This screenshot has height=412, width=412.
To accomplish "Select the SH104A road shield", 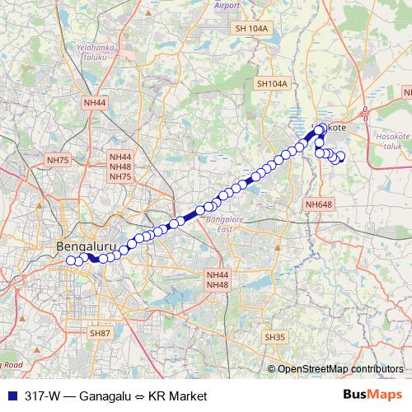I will click(x=272, y=83).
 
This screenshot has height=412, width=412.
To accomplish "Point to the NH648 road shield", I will click(x=318, y=204).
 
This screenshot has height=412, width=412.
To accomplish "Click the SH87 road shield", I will click(x=101, y=332).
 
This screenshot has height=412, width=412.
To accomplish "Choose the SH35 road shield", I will click(x=274, y=337).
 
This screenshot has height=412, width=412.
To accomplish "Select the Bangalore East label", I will click(x=220, y=227).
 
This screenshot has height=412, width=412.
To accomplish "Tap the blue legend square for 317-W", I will click(x=11, y=396).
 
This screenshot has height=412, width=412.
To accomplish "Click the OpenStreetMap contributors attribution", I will click(x=339, y=369).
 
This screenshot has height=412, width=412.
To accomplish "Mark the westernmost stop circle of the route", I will click(x=70, y=260).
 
